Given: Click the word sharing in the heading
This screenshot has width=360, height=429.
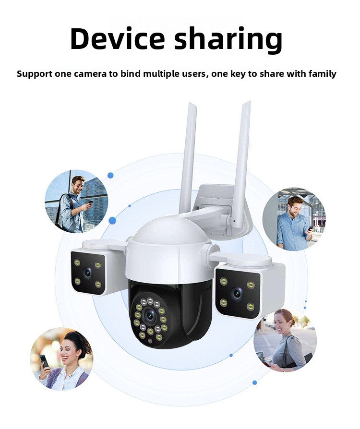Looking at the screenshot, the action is click(x=228, y=40).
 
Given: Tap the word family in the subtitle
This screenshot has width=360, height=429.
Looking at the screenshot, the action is click(x=322, y=74).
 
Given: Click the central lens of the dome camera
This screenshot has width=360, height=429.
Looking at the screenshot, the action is click(x=150, y=316).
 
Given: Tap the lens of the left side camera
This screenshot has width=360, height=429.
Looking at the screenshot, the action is click(x=88, y=273).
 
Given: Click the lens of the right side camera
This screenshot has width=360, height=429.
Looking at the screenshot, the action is click(x=237, y=294).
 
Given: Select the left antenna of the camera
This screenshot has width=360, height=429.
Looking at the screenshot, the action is click(x=188, y=159).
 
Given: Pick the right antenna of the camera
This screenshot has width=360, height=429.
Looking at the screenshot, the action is click(x=242, y=164).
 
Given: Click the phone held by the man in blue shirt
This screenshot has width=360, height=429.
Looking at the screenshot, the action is click(x=311, y=228).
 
